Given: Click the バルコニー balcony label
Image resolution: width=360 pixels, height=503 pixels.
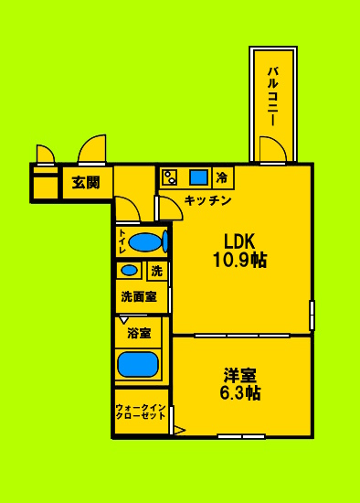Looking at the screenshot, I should [272, 94].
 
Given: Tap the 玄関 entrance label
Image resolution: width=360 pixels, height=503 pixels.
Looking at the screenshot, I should [86, 183].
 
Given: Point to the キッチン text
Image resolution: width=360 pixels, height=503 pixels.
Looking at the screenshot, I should [207, 199].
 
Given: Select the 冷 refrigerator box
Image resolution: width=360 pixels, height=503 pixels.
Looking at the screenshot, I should [222, 177].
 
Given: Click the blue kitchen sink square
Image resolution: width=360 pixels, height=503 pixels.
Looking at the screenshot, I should [198, 177].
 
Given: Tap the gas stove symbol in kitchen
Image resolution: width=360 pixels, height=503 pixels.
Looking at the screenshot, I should [170, 177].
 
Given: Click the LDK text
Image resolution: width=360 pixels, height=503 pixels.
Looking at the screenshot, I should [239, 241].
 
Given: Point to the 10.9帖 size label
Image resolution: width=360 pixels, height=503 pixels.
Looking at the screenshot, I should [239, 261].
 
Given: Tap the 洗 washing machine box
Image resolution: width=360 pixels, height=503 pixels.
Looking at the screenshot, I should [156, 271].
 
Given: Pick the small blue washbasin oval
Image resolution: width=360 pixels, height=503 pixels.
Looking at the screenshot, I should [130, 271].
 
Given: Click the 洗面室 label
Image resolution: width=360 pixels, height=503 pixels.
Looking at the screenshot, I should [139, 296].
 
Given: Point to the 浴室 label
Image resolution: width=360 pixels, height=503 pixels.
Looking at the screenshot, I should [139, 332].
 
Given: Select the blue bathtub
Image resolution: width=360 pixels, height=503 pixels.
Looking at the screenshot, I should [139, 364].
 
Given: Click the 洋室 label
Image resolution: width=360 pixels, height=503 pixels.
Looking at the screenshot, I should [240, 376].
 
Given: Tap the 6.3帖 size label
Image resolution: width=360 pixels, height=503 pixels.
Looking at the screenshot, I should [240, 394].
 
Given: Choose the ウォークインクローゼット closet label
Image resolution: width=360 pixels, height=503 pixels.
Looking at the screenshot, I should [141, 411].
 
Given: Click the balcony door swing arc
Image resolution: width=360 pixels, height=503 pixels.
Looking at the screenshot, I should [272, 148].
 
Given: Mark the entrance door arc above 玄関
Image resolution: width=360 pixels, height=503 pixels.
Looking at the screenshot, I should [93, 149].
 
